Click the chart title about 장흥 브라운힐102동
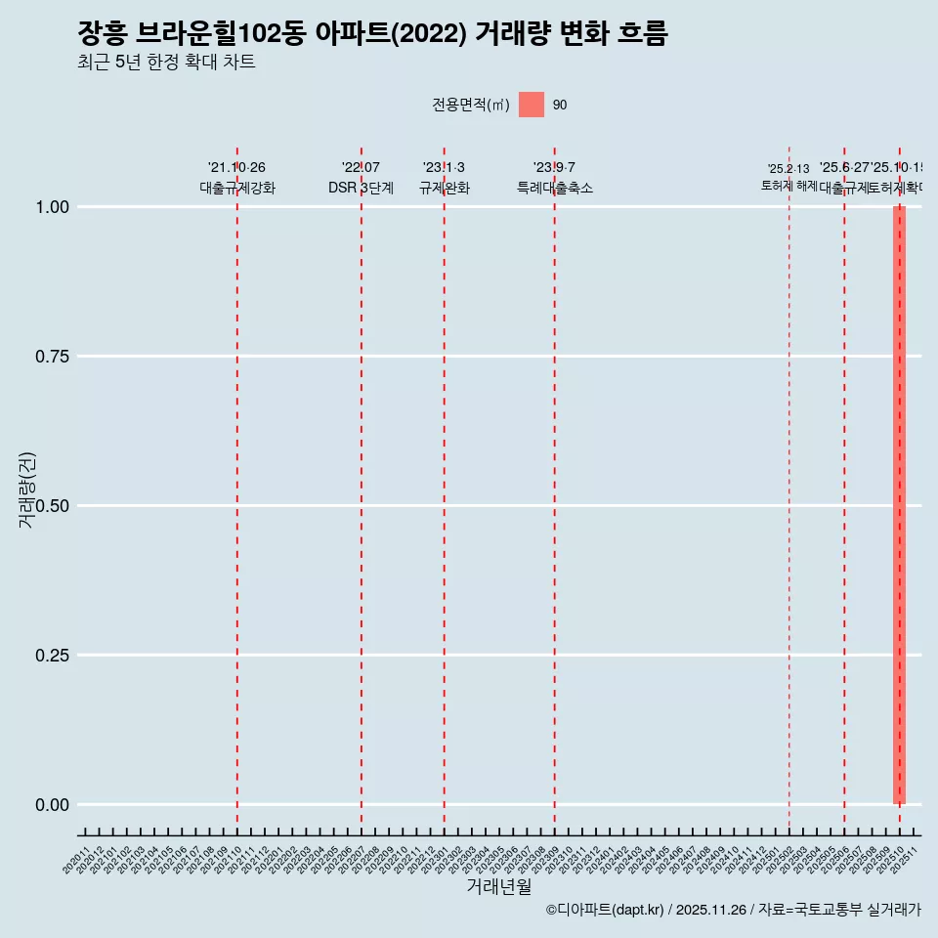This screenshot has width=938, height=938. click(372, 34)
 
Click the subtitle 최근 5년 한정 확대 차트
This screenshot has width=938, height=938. click(166, 64)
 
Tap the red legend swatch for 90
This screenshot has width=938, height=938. click(531, 105)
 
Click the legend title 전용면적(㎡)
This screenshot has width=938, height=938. click(471, 105)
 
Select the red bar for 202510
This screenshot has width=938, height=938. click(899, 505)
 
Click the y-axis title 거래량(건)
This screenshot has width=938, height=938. click(26, 490)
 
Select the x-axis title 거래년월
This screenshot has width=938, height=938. click(498, 886)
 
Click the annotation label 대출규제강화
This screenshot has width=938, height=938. click(237, 188)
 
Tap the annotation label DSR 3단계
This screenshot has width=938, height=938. click(361, 188)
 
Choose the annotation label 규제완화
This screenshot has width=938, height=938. click(445, 188)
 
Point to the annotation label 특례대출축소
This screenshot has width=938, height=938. click(555, 188)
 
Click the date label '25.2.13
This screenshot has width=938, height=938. click(788, 169)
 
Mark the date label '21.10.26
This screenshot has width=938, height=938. click(236, 168)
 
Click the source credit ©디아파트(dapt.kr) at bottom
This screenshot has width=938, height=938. click(733, 911)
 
